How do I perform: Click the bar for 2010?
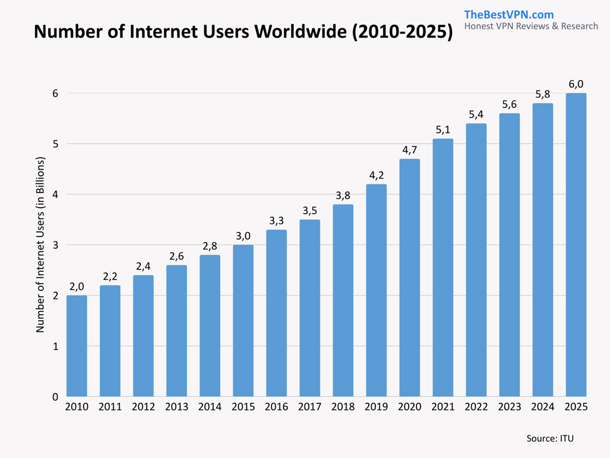pos(77,346)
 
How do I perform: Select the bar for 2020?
pos(410,277)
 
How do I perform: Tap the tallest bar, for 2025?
pos(576,245)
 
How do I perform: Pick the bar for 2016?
pos(276,313)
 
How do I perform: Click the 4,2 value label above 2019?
pos(376,175)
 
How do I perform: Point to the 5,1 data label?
pos(443,130)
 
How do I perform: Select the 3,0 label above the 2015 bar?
pos(243,236)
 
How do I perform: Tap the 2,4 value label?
pos(143,266)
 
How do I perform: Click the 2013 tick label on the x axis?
pos(176,407)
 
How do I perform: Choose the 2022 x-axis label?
pos(476,407)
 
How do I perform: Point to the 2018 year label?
pos(343,407)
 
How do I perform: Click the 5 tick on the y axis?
pos(54,144)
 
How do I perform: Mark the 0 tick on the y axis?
pos(54,397)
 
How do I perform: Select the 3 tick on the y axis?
pos(54,245)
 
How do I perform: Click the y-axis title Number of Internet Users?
pos(41,245)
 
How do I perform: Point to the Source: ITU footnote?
pos(549,438)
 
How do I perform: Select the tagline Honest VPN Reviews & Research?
pos(531,26)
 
